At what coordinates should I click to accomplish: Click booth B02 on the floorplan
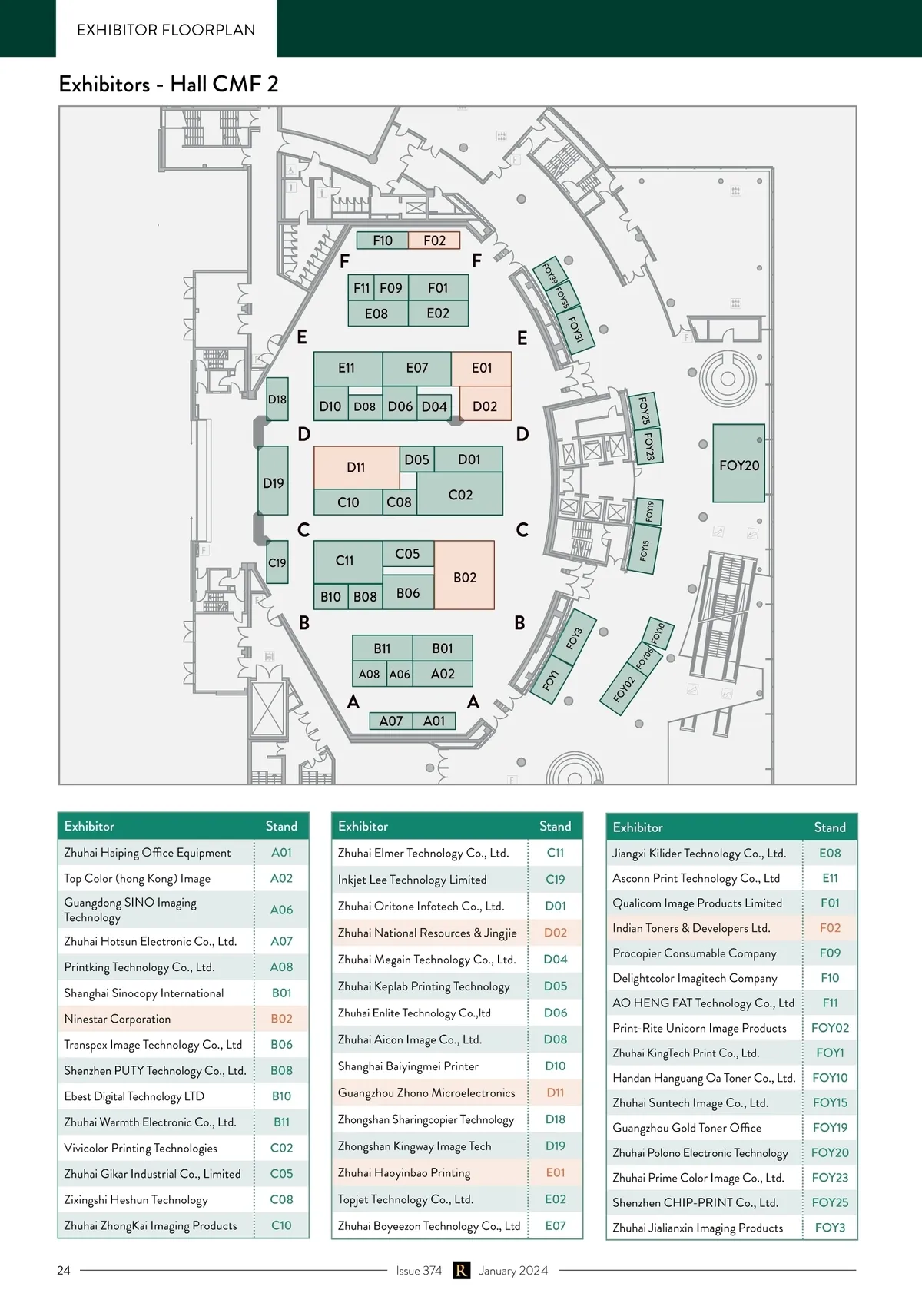(x=464, y=576)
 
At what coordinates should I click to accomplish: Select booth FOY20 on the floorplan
(x=739, y=464)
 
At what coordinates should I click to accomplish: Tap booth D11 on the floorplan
(x=356, y=466)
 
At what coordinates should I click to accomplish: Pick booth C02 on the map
(x=460, y=494)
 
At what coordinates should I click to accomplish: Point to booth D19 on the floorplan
(x=273, y=482)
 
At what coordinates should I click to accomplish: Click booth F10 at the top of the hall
(x=382, y=240)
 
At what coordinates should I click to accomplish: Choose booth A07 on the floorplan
(x=390, y=721)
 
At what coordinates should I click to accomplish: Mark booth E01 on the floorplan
(x=482, y=368)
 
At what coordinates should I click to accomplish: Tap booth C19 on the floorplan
(x=277, y=562)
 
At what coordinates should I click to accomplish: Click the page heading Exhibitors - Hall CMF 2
(x=168, y=84)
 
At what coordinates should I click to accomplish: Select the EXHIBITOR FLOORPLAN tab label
(x=166, y=30)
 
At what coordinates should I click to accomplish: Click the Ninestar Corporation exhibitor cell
(x=118, y=1019)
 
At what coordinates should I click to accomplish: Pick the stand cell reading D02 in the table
(x=555, y=933)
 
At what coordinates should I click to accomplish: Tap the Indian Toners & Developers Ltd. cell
(x=691, y=928)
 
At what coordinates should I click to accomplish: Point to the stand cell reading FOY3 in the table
(x=830, y=1228)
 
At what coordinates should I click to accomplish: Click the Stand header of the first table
(x=281, y=826)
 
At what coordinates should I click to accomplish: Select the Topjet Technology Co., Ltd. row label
(x=405, y=1199)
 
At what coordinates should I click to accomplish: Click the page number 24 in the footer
(x=64, y=1270)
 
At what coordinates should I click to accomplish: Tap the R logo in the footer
(x=460, y=1270)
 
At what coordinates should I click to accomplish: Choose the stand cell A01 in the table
(x=281, y=853)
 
